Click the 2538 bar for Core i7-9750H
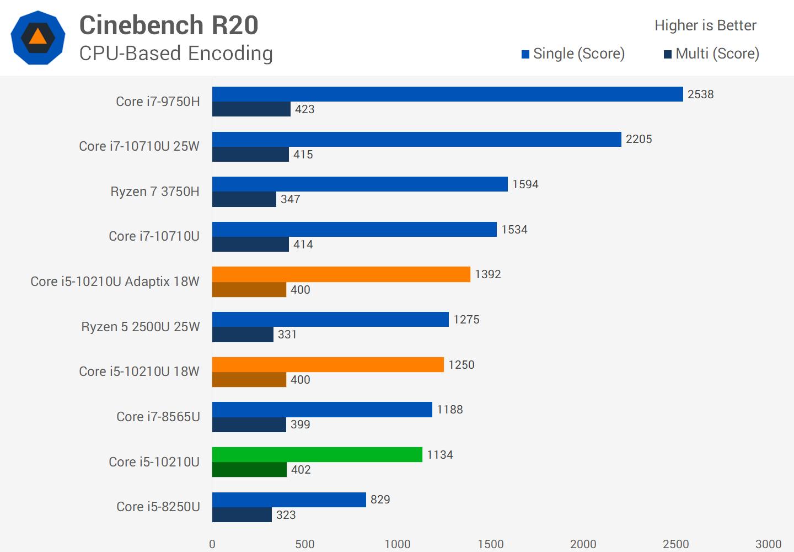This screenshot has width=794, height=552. tap(447, 94)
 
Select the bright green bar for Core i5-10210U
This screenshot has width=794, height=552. tap(317, 454)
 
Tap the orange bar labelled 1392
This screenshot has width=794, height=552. tap(341, 274)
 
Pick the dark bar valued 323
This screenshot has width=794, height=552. tap(242, 514)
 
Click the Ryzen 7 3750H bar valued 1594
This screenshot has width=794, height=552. tap(360, 184)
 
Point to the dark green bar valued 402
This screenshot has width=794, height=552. tap(249, 470)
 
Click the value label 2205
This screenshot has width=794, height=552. tap(639, 139)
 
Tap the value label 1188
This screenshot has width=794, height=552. tap(449, 410)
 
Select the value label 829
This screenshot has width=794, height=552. tap(380, 500)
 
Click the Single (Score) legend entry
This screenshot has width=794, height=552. tap(573, 54)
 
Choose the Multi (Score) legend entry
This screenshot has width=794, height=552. tap(711, 54)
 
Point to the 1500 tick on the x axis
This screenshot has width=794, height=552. tap(490, 544)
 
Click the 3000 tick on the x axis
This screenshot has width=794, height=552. tap(768, 544)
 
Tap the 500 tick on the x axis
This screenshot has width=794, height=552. tap(305, 544)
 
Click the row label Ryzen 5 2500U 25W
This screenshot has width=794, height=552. tap(140, 327)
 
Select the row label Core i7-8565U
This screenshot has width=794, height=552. tap(158, 417)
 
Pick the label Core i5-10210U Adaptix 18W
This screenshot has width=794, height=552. tap(115, 282)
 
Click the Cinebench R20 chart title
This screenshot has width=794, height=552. tap(169, 25)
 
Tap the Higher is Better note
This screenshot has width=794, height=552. tap(705, 25)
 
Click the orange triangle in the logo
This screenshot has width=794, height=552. tap(37, 37)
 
